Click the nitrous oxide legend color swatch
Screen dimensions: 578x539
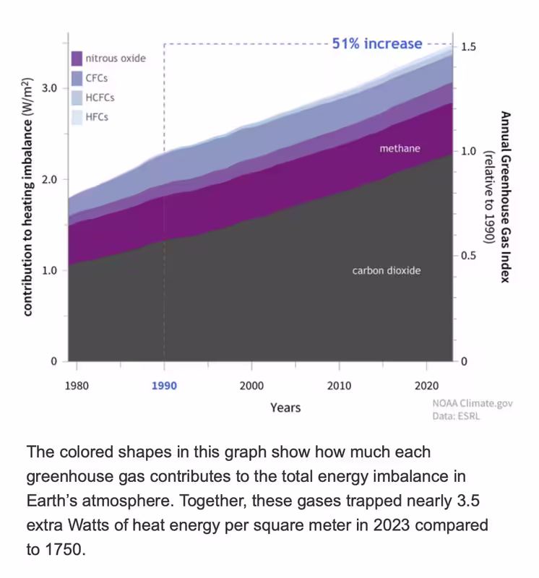click(77, 59)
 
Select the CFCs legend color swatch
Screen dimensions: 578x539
click(77, 78)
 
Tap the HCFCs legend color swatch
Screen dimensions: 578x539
click(77, 98)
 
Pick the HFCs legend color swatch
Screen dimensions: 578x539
click(77, 117)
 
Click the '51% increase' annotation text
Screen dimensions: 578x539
click(376, 44)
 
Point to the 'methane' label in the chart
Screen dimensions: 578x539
click(400, 149)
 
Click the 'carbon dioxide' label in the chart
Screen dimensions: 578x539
click(386, 271)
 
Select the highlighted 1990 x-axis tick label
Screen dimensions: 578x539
click(164, 386)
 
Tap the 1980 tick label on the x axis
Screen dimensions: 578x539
click(77, 386)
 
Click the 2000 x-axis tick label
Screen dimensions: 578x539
click(251, 386)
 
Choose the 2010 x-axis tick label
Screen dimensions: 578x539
click(339, 386)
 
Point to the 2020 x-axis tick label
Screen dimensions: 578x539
click(426, 386)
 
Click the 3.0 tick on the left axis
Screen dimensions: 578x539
click(51, 88)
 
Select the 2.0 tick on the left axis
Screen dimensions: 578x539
click(51, 179)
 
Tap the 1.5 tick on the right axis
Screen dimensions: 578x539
click(468, 47)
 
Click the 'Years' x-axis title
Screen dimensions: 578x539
click(285, 407)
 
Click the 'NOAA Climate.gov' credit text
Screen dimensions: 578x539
click(473, 404)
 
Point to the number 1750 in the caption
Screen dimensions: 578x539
click(56, 549)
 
